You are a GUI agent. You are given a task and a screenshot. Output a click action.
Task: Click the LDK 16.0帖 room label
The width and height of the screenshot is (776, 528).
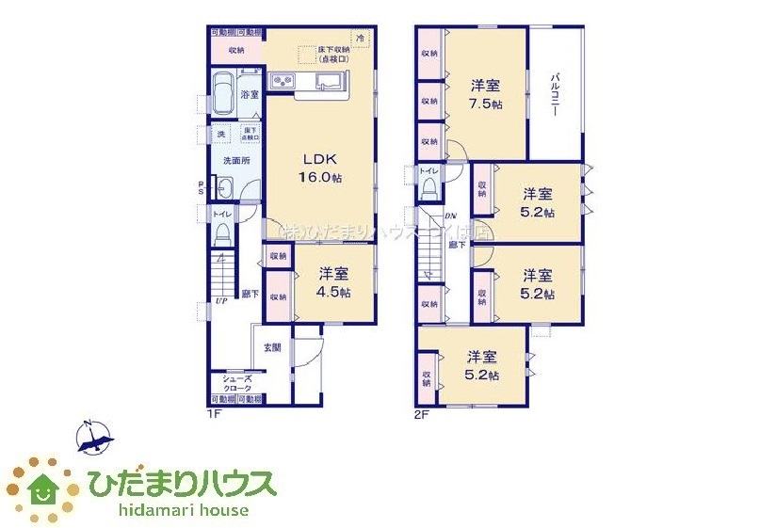[319, 168]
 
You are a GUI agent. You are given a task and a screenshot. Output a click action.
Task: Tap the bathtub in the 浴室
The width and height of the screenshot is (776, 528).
[223, 93]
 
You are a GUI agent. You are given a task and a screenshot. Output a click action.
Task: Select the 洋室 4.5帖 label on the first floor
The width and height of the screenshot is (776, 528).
[333, 282]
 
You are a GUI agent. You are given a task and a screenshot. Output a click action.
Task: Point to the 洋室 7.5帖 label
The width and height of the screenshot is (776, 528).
[486, 94]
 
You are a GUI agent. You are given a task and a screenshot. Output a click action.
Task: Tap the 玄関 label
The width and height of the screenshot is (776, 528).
[271, 347]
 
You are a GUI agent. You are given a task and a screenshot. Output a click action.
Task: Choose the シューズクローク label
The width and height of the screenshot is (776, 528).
[236, 384]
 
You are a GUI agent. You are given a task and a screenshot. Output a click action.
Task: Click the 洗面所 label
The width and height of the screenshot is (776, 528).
[236, 160]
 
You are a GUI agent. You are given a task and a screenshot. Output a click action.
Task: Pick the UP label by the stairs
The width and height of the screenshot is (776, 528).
[220, 301]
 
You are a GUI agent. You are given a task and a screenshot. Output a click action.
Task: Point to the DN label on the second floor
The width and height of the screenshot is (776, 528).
[451, 216]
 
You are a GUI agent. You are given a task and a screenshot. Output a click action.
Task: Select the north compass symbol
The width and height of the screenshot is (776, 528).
[94, 438]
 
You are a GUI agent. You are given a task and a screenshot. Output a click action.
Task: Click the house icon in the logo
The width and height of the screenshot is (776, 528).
[42, 487]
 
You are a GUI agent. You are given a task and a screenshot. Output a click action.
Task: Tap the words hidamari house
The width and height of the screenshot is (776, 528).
[184, 510]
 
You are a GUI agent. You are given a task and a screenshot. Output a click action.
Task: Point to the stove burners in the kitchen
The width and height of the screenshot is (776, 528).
[283, 82]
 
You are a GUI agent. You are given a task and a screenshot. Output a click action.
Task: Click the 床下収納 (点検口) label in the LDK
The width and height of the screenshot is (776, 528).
[334, 55]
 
